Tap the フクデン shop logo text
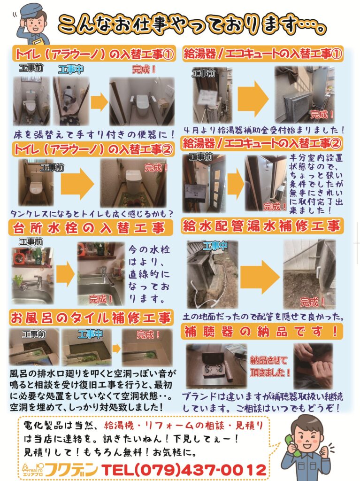coord(71,470)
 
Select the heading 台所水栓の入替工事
coord(89,228)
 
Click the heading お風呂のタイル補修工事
coord(91,318)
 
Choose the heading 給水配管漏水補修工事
coord(261,225)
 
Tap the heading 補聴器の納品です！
coord(261,331)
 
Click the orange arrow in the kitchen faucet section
coord(65,274)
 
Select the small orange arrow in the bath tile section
coord(116,348)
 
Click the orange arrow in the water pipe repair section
coord(260,277)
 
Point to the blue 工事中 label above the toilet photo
coord(71,69)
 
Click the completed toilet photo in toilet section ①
coord(142,101)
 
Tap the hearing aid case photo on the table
coord(216,365)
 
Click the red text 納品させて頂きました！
coord(269,366)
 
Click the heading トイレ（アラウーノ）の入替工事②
coord(93,150)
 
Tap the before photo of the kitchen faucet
coord(33,275)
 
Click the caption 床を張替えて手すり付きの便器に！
coord(94,134)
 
